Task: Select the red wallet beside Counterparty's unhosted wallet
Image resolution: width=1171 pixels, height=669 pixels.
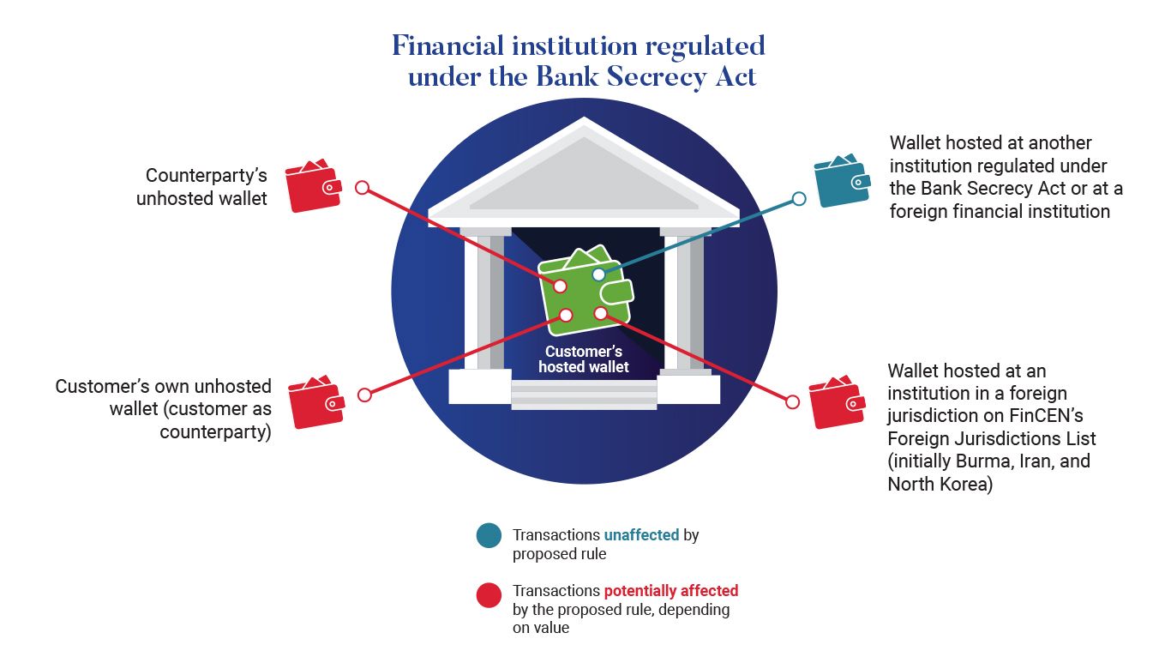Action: pos(313,186)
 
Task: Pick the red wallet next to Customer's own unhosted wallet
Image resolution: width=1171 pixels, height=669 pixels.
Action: pos(315,403)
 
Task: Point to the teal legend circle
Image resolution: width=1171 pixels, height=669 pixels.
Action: pos(489,536)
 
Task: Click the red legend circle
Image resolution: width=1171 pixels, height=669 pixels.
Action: pos(489,595)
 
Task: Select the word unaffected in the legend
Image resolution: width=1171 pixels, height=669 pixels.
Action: pos(641,535)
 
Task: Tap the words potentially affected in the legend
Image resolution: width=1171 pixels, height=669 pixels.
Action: pos(670,591)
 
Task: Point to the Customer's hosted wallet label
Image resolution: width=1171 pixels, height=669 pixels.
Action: pos(584,359)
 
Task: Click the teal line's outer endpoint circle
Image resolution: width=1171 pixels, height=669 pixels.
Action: pos(799,199)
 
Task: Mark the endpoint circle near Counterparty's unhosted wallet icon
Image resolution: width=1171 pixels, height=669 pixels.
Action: pos(362,187)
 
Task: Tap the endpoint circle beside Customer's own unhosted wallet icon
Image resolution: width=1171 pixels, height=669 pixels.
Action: pos(364,395)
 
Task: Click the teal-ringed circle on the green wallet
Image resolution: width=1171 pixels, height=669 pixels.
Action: pos(598,274)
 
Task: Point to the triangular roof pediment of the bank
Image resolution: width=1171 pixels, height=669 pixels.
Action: pos(584,176)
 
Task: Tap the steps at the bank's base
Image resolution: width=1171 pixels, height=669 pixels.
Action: pos(584,395)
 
